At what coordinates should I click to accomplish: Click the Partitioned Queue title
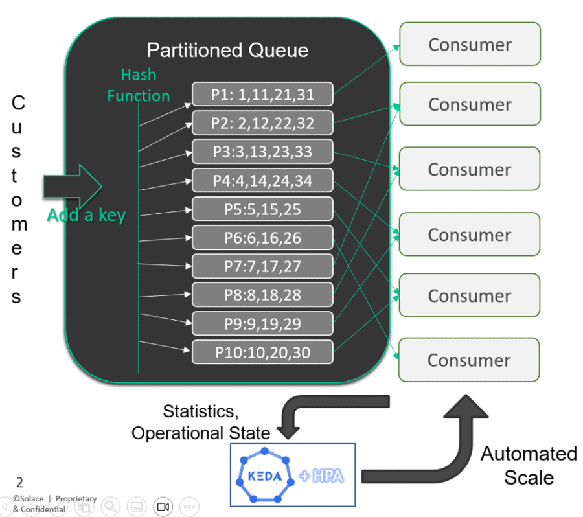227,50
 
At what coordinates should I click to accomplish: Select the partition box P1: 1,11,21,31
262,95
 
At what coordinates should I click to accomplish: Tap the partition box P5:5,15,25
262,209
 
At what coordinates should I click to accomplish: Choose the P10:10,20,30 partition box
262,352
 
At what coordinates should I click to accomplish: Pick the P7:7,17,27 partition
262,266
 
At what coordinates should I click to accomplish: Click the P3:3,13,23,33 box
262,152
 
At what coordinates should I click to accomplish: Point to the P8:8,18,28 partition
262,295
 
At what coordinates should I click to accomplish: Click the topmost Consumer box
470,45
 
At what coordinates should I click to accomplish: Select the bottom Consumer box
470,360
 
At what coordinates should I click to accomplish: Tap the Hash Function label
139,86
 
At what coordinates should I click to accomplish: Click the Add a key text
86,215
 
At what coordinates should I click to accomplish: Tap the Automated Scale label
529,465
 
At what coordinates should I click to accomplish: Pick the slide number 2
19,482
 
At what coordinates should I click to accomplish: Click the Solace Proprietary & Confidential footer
54,503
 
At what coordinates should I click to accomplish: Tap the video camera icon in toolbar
163,506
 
